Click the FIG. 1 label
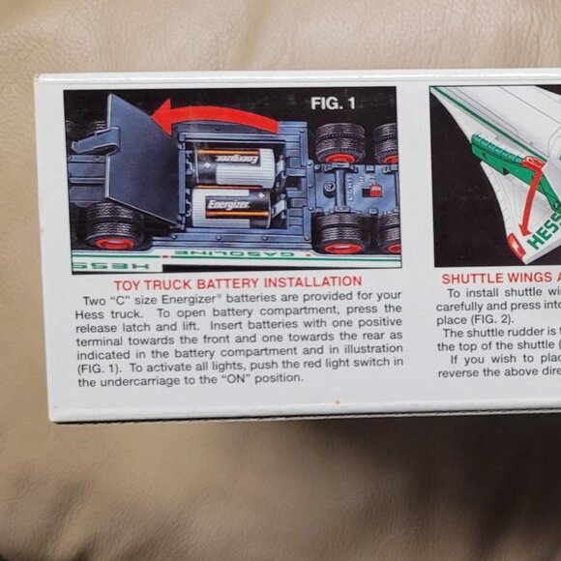tap(338, 102)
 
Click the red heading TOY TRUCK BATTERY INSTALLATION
tap(237, 282)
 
